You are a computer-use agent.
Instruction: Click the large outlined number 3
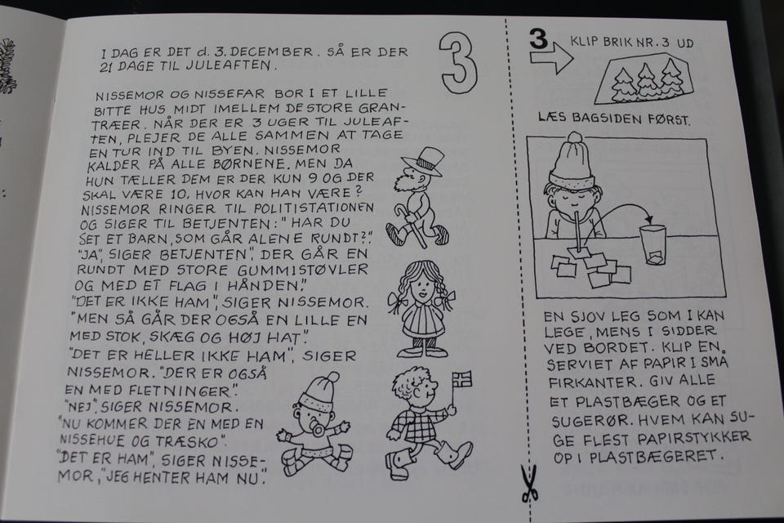458,64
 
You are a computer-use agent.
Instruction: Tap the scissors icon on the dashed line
529,484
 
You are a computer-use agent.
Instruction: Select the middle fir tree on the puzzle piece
647,80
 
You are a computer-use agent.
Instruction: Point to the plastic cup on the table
653,244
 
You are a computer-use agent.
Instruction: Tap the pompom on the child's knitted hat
575,137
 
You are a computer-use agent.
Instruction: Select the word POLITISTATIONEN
314,208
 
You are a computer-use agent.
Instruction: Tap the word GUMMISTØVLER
303,270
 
